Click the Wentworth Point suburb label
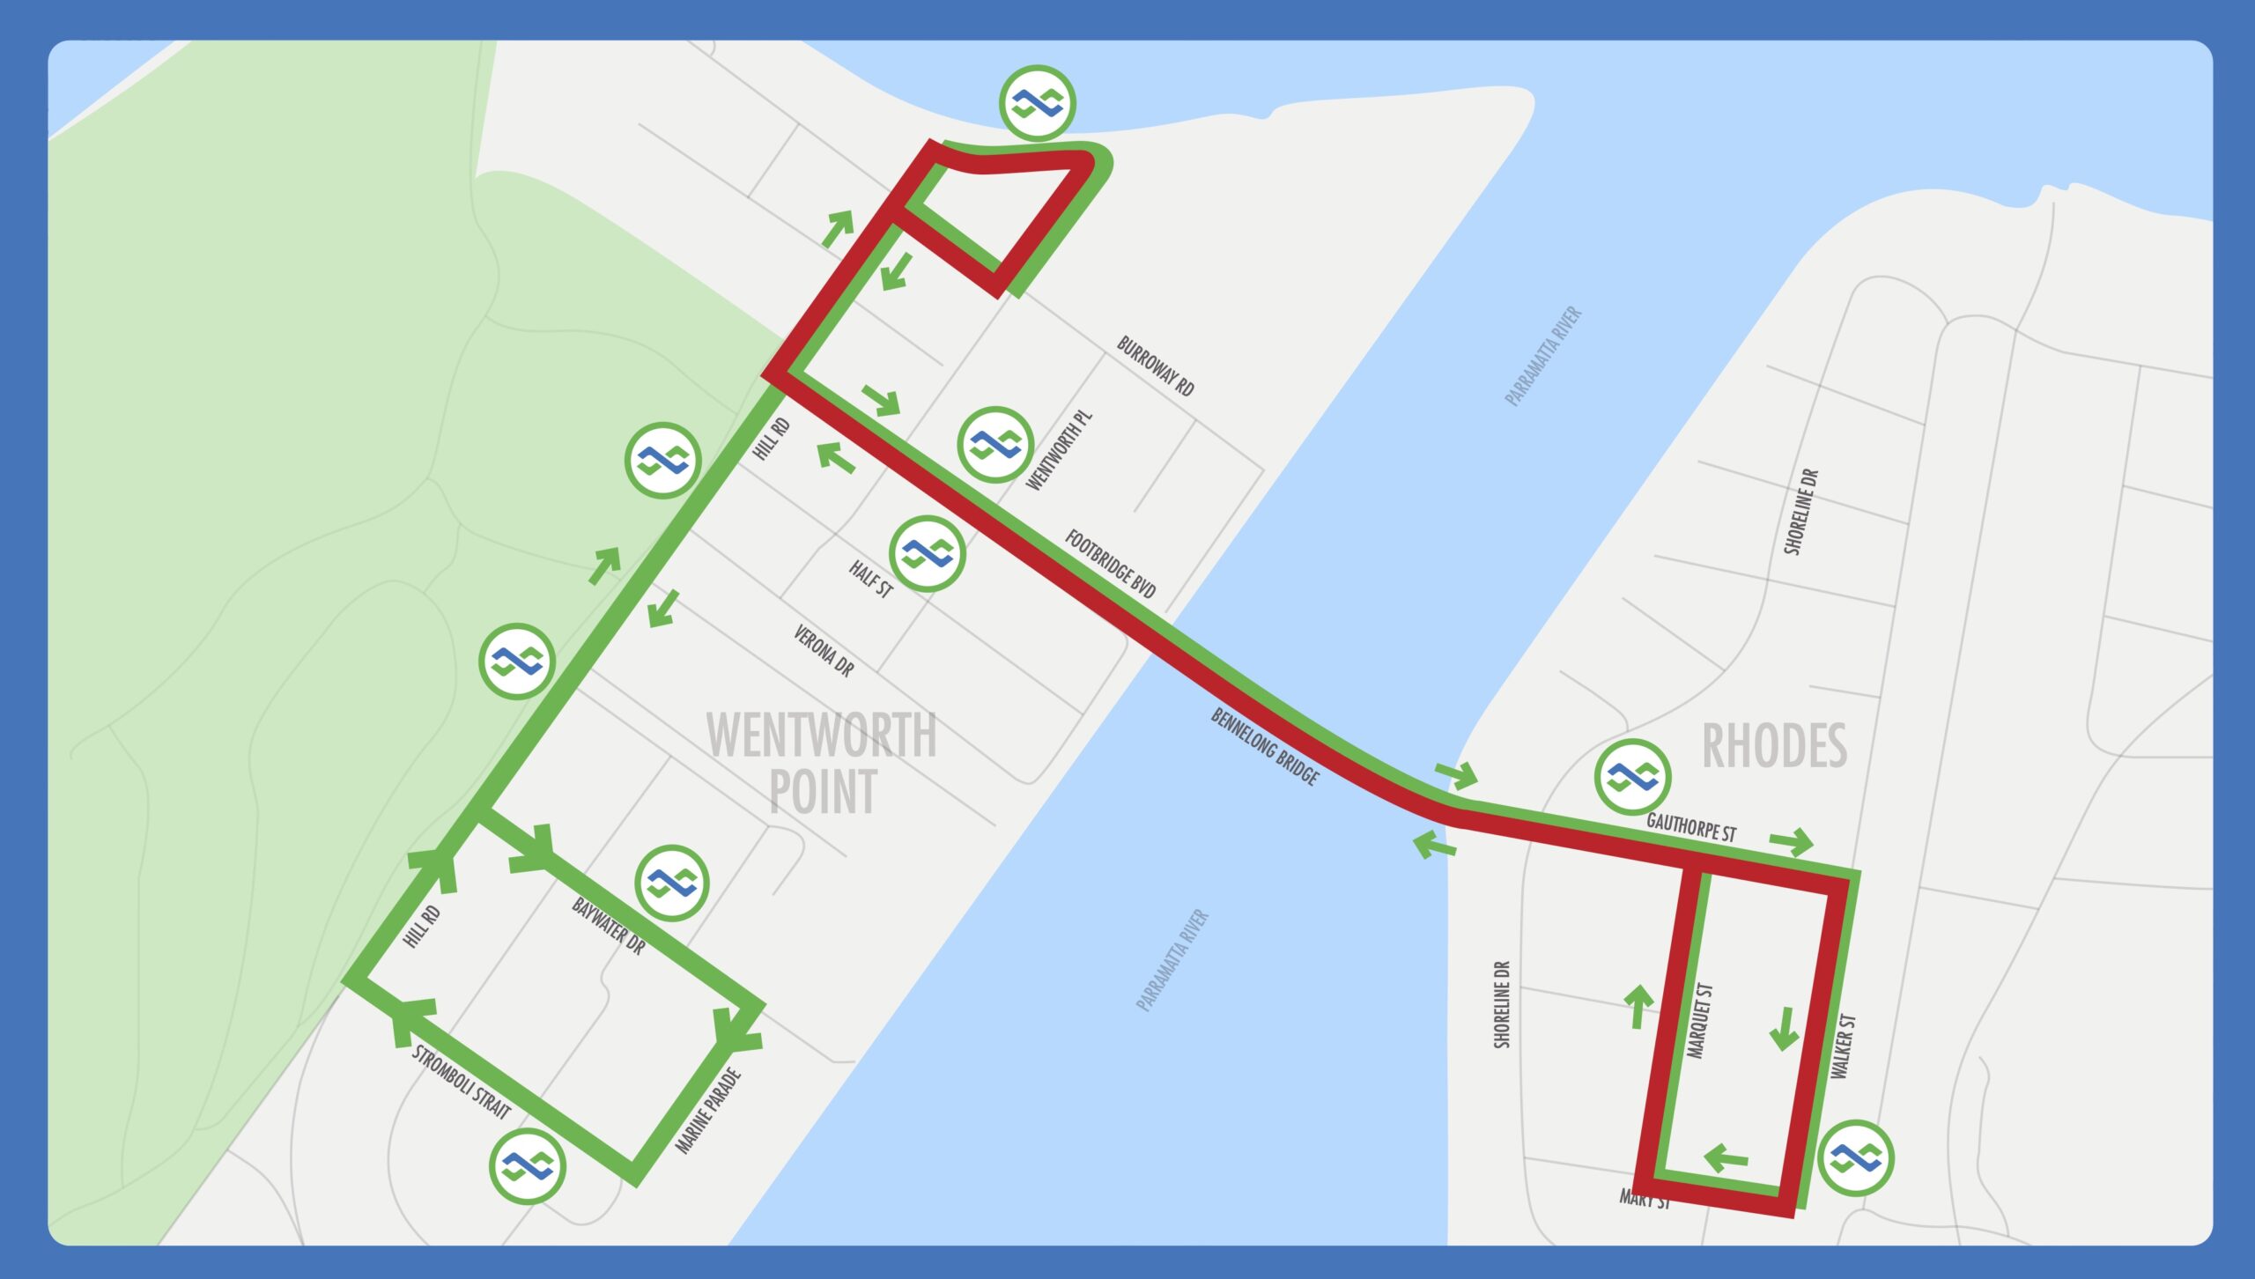point(822,763)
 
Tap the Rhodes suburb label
point(1774,746)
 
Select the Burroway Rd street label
point(1155,366)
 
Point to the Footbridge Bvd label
point(1110,564)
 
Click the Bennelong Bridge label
point(1265,746)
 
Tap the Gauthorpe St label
point(1691,827)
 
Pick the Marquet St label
point(1699,1020)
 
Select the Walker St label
point(1843,1046)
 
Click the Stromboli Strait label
point(461,1082)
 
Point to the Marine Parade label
point(708,1110)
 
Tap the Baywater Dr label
point(608,926)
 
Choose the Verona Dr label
point(824,651)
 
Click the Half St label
point(870,579)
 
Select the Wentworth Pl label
point(1059,450)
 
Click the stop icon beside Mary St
point(1856,1157)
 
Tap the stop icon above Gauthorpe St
point(1632,777)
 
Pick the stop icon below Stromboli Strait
point(528,1166)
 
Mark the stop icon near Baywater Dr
point(671,883)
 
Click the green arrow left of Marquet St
point(1638,1006)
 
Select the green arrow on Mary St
point(1726,1157)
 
